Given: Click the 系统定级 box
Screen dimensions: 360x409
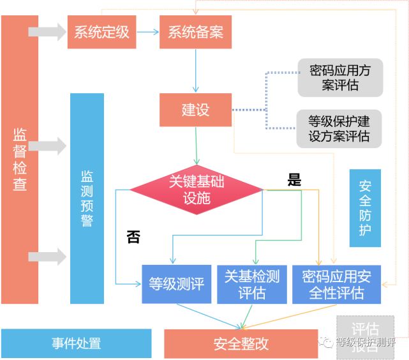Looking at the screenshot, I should (101, 32).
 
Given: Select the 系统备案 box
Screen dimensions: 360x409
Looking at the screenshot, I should (195, 32).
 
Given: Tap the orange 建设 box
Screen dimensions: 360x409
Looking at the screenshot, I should (195, 109).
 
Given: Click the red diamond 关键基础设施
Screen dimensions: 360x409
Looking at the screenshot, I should (197, 189).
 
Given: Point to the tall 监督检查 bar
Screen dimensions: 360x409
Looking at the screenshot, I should (20, 160).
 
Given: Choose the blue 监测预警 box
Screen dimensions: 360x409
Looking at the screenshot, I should (87, 198).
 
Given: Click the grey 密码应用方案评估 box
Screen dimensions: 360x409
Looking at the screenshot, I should (340, 78).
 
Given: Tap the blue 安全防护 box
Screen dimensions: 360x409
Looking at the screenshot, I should (365, 208).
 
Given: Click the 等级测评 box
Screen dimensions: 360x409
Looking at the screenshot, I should (177, 284).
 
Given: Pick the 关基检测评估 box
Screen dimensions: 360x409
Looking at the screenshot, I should (251, 284).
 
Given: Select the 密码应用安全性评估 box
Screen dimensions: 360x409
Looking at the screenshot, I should (336, 284).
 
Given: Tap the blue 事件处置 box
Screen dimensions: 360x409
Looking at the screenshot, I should (77, 343).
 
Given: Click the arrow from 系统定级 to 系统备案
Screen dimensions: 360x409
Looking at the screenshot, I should (147, 32).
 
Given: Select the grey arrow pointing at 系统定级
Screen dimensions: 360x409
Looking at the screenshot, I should (47, 31).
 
